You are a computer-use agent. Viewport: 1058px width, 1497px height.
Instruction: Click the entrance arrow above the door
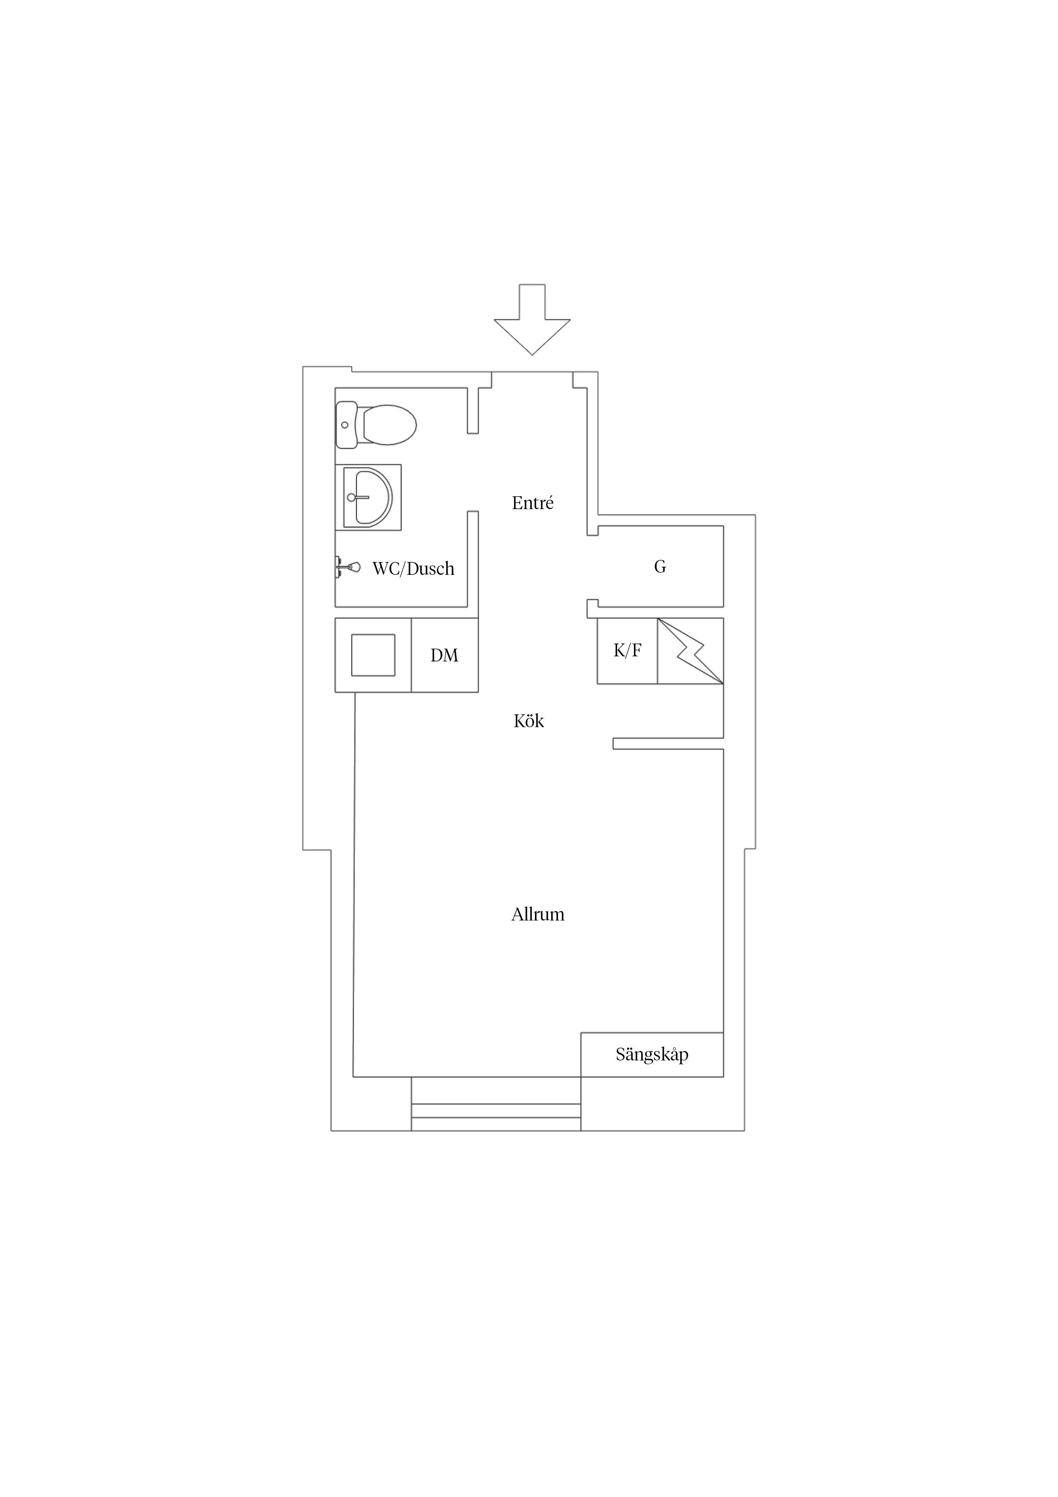[x=532, y=320]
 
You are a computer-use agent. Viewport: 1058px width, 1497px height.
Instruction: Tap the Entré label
[x=532, y=503]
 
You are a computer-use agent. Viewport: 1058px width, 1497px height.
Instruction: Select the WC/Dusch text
[x=413, y=568]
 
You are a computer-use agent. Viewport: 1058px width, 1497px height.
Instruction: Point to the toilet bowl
[x=389, y=425]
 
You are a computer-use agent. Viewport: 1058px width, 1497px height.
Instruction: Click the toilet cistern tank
[x=346, y=425]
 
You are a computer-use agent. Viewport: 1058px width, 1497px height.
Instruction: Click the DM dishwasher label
[x=445, y=655]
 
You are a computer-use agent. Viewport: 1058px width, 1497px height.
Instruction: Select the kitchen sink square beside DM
[x=373, y=655]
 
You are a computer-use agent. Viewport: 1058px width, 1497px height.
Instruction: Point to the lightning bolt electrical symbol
[x=690, y=651]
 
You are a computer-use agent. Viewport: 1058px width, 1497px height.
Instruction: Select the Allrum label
[x=538, y=914]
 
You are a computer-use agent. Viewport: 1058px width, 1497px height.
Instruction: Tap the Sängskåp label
[x=652, y=1054]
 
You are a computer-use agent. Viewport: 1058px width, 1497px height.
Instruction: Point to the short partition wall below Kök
[x=668, y=743]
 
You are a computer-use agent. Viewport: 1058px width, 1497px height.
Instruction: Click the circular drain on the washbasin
[x=352, y=498]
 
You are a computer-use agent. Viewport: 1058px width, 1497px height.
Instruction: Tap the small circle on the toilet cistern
[x=345, y=425]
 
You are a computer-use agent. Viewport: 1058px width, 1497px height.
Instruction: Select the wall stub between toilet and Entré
[x=473, y=411]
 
